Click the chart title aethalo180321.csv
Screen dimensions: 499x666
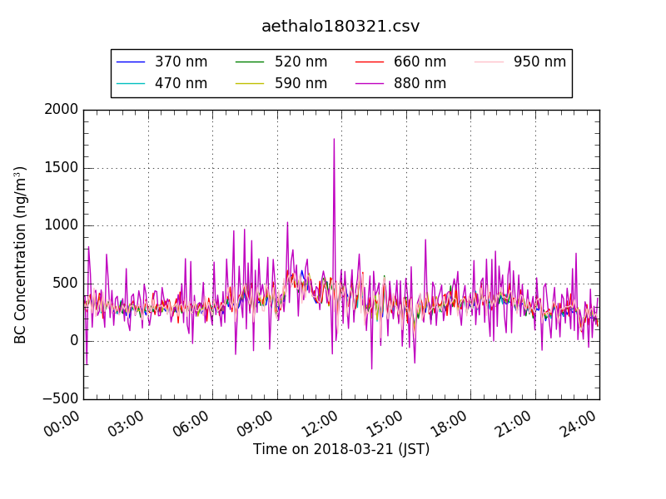coord(340,27)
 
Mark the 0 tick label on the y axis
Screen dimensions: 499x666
coord(73,341)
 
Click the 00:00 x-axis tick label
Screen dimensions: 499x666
coord(63,426)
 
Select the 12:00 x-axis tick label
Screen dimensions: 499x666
coord(321,426)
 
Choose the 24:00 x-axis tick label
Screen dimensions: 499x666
coord(579,426)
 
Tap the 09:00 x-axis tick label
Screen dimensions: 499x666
coord(256,426)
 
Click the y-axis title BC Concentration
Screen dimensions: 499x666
coord(21,254)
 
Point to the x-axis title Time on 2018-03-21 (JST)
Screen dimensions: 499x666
coord(341,450)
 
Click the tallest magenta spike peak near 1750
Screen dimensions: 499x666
coord(334,139)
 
